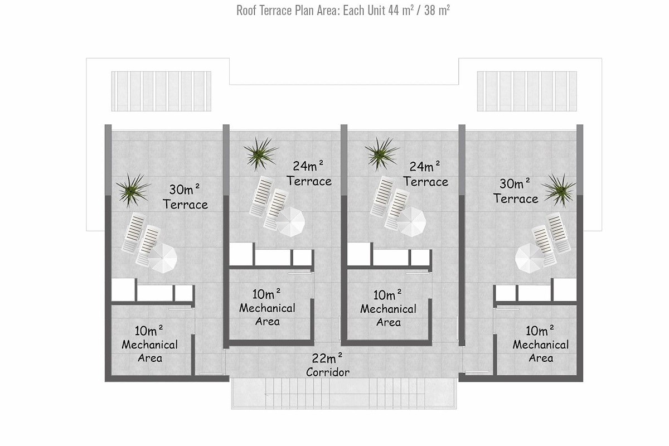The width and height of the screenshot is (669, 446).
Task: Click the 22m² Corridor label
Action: tap(328, 365)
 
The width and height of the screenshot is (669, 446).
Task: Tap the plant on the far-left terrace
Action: tap(133, 190)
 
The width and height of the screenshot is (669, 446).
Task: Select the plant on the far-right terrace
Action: tap(559, 190)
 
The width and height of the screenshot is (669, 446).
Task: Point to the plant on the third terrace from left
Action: tap(382, 154)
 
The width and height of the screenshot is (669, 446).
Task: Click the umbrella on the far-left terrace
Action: tap(162, 258)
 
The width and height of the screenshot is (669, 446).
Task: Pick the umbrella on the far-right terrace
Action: tap(530, 258)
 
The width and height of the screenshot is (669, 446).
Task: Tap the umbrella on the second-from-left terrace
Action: tap(290, 222)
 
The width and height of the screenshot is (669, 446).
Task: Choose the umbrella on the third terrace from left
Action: tap(411, 222)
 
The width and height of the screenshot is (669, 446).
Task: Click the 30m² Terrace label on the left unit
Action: tap(185, 197)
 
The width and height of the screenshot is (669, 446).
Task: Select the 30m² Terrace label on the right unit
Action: tap(516, 191)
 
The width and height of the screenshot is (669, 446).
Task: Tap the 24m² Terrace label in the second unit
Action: tap(309, 173)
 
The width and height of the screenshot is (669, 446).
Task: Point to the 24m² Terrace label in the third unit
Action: tap(425, 174)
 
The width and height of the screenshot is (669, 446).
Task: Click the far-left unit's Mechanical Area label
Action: tap(149, 344)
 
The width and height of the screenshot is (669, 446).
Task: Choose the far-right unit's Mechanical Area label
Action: tap(541, 344)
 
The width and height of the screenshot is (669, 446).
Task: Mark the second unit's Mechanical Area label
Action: tap(267, 308)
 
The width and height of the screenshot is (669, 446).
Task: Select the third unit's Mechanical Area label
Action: tap(388, 308)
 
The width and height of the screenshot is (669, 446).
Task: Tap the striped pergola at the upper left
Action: tap(161, 91)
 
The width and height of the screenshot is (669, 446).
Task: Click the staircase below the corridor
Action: tap(344, 393)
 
